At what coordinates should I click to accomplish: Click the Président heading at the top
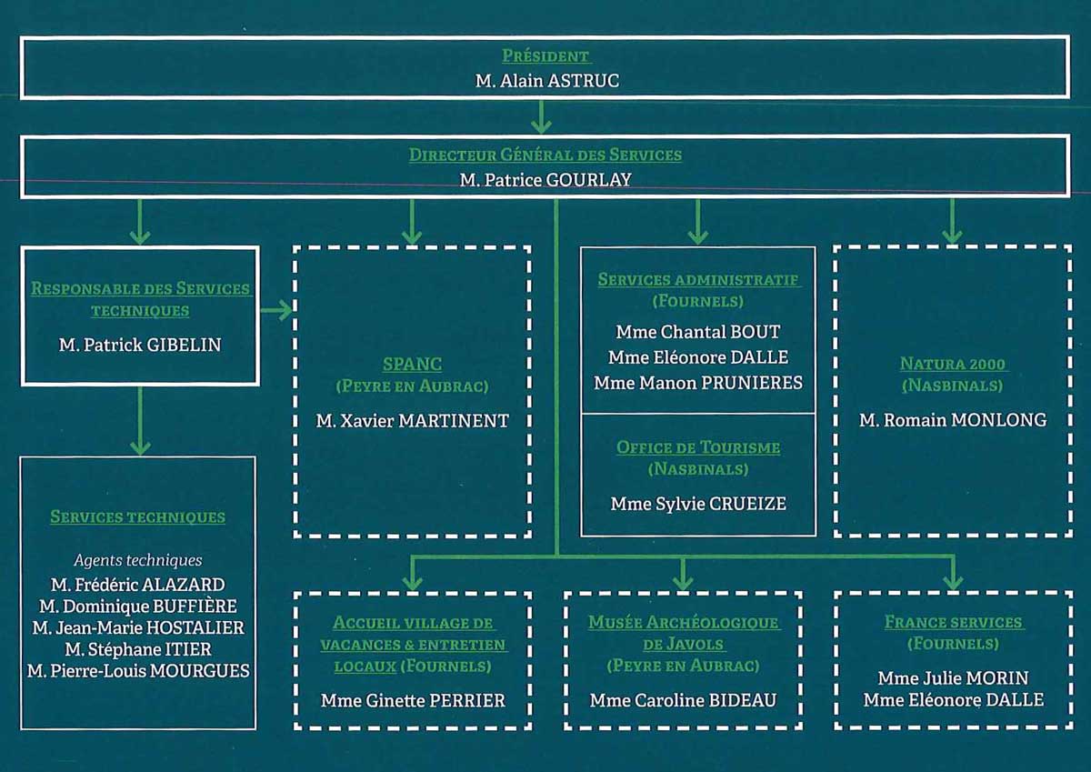(545, 56)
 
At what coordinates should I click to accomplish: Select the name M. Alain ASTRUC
(547, 81)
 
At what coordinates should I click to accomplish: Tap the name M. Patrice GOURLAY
(545, 180)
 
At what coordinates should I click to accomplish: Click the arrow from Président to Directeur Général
(542, 116)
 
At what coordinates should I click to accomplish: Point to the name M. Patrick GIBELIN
(139, 345)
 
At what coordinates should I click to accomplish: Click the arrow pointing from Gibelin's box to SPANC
(276, 311)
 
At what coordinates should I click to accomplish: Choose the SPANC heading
(412, 365)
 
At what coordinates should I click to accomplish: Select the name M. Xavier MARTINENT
(412, 420)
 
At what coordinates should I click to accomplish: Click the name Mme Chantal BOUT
(698, 332)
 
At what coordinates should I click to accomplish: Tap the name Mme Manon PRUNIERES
(698, 383)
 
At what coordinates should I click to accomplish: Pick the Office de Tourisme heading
(698, 447)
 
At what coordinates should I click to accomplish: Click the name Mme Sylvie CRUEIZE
(698, 503)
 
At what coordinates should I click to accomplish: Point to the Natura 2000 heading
(953, 365)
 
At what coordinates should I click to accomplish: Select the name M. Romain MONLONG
(953, 420)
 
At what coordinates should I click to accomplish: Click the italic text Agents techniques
(138, 560)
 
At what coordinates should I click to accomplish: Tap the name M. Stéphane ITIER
(138, 649)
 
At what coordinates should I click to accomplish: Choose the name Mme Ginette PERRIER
(413, 700)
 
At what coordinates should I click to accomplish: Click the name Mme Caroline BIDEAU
(684, 700)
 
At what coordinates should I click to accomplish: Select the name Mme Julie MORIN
(953, 678)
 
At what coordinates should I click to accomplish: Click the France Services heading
(953, 623)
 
